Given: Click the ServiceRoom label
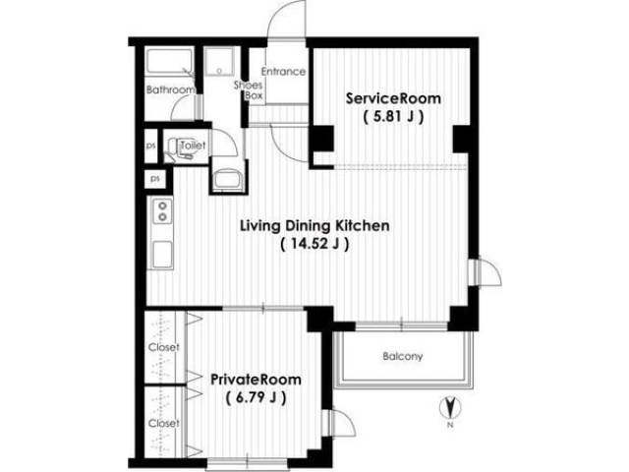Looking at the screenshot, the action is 393,98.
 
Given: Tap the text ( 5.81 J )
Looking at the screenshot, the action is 393,117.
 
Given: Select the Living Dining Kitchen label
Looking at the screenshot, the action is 314,225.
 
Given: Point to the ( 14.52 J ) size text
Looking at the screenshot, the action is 314,244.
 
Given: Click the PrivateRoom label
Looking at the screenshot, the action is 256,380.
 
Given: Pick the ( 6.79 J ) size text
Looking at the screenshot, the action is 256,397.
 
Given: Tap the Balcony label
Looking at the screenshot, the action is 402,356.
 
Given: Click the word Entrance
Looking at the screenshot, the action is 283,72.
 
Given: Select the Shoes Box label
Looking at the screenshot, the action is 249,90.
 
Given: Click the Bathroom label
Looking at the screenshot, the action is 170,89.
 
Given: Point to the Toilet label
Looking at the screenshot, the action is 193,146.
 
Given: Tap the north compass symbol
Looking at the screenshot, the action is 450,408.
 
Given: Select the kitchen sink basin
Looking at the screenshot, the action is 162,255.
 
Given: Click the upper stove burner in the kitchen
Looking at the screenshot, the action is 162,206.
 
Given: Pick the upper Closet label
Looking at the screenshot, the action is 164,347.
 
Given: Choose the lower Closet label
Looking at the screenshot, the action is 164,423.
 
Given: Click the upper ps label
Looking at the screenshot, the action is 150,147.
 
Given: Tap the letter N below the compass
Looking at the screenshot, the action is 450,426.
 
